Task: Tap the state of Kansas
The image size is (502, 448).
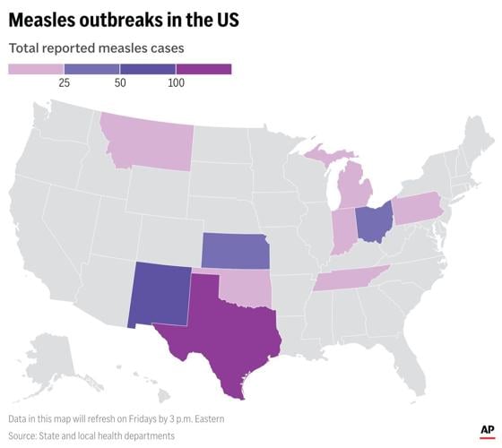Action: click(234, 251)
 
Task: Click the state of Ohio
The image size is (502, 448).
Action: click(373, 223)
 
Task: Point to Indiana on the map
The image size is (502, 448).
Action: click(342, 232)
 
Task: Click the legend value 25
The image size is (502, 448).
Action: click(64, 82)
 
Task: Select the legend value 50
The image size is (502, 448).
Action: click(120, 82)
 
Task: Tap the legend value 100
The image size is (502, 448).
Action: click(176, 82)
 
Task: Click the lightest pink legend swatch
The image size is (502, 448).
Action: click(36, 69)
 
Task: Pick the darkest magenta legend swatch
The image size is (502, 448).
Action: click(203, 69)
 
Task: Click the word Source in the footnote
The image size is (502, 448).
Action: click(24, 435)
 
